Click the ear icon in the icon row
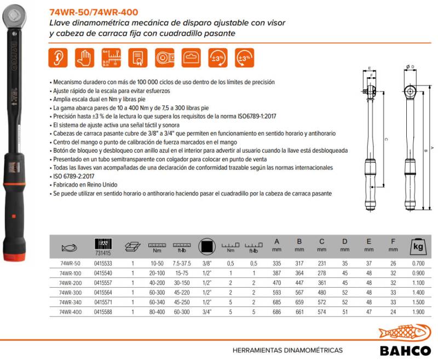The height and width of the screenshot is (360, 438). (x=59, y=57)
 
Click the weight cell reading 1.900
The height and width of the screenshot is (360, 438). (x=417, y=312)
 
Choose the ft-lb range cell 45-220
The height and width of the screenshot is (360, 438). (x=181, y=292)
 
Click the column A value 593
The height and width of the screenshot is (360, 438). (x=277, y=292)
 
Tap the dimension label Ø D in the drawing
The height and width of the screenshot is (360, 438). (x=410, y=67)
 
